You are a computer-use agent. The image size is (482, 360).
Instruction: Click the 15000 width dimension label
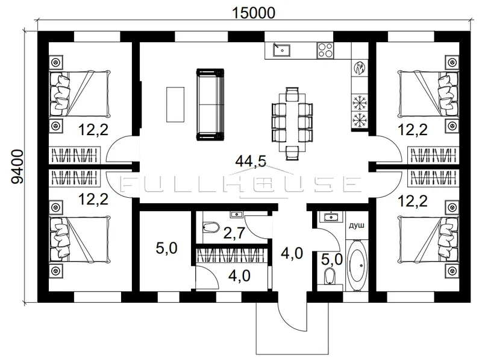253,13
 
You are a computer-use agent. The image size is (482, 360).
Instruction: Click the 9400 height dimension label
17,166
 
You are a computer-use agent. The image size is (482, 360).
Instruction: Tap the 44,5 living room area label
251,161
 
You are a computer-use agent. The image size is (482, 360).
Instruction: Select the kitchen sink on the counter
281,50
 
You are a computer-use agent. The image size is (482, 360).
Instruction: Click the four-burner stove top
325,50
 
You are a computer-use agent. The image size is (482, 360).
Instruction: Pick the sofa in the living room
210,104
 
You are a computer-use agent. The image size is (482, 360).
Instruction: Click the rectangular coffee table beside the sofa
175,104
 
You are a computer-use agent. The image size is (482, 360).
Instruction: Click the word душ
357,226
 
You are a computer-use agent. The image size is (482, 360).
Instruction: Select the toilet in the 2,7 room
211,228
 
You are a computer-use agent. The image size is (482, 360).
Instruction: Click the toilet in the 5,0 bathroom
330,276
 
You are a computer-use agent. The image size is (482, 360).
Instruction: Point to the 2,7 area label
234,233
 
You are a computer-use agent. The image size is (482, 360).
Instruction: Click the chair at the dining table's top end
292,93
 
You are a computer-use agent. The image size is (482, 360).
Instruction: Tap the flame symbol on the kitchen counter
360,68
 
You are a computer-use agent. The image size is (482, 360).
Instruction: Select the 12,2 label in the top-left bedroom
93,130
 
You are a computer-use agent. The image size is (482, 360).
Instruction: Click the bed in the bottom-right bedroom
428,240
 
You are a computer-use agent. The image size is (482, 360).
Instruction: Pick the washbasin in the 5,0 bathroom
331,217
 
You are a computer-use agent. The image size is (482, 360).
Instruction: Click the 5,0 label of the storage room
167,248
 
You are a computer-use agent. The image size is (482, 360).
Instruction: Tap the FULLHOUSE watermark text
240,184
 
